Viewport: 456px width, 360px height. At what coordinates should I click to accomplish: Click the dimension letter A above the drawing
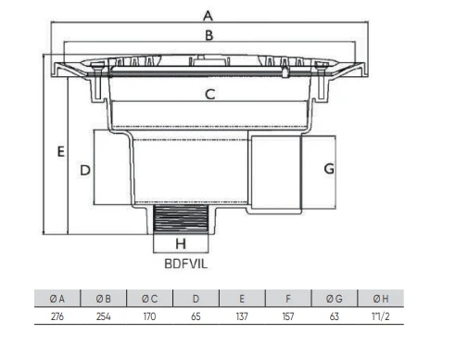coord(208,16)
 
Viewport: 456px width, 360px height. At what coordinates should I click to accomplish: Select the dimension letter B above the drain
coord(209,35)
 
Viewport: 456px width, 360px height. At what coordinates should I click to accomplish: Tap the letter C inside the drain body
coord(210,95)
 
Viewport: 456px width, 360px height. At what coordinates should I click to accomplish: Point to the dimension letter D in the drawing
coord(85,171)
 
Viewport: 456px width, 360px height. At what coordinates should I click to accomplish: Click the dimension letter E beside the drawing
coord(61,151)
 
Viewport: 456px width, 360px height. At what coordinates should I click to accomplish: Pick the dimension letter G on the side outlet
coord(329,169)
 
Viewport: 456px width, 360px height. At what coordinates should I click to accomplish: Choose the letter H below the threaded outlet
coord(181,244)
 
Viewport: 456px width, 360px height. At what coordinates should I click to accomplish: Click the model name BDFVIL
coord(186,264)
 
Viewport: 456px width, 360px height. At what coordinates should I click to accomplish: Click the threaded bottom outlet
coord(181,219)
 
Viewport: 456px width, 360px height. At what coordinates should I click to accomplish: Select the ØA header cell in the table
coord(57,299)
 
